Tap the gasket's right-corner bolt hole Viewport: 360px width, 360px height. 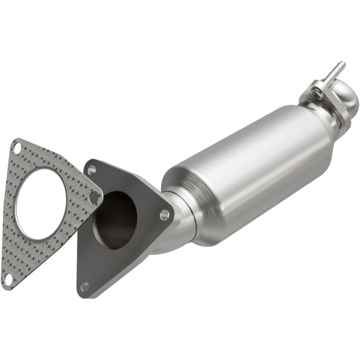tap(93, 196)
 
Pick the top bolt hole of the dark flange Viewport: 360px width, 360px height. tap(91, 170)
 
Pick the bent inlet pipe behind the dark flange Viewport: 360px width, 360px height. tap(175, 225)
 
